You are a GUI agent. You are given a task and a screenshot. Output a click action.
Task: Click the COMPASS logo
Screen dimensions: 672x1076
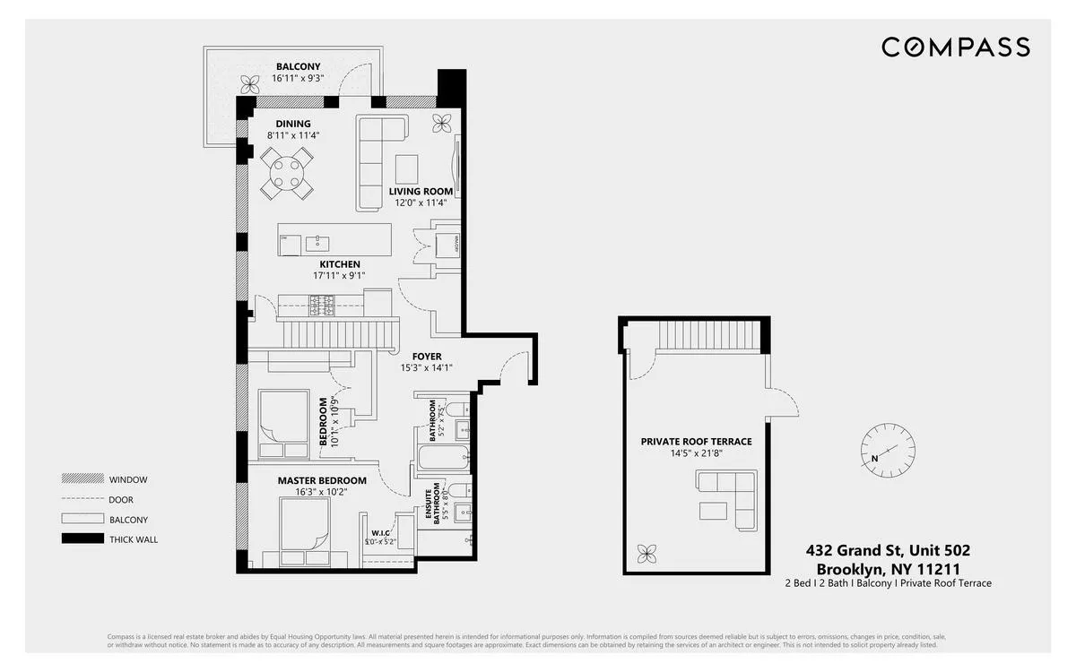[955, 47]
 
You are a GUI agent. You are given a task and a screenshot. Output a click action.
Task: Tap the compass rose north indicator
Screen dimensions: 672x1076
[889, 448]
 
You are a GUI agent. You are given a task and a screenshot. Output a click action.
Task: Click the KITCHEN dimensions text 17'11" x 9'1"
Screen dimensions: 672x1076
[340, 276]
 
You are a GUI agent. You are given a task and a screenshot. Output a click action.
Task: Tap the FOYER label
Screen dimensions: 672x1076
[427, 357]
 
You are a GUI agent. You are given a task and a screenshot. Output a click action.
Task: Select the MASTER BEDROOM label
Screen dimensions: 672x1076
[322, 480]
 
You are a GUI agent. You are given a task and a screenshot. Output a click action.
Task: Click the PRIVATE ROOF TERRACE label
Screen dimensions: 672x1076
[696, 442]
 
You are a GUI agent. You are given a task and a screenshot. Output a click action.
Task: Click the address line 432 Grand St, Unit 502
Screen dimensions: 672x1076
[887, 551]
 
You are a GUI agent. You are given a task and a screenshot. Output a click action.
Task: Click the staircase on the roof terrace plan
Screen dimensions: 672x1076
[707, 336]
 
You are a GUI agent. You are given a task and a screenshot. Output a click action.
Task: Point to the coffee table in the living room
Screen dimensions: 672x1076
[406, 168]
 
